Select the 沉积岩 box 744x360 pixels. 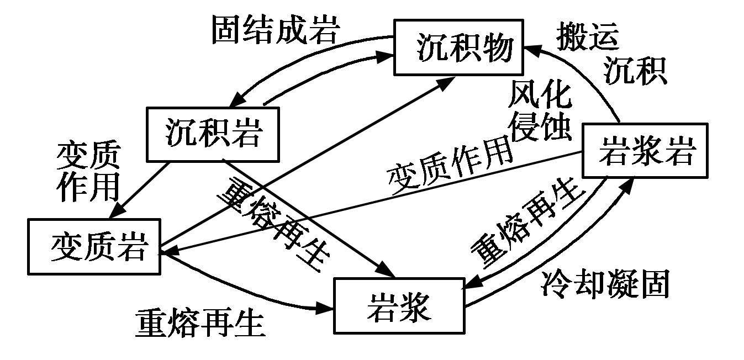click(212, 134)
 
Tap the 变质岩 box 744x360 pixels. click(94, 246)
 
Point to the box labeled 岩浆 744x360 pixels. click(399, 306)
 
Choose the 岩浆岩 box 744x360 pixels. click(645, 151)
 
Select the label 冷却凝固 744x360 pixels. click(605, 284)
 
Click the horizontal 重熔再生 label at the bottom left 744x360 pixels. click(200, 323)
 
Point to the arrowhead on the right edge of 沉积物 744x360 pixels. click(529, 49)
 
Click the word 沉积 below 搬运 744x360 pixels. click(634, 71)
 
